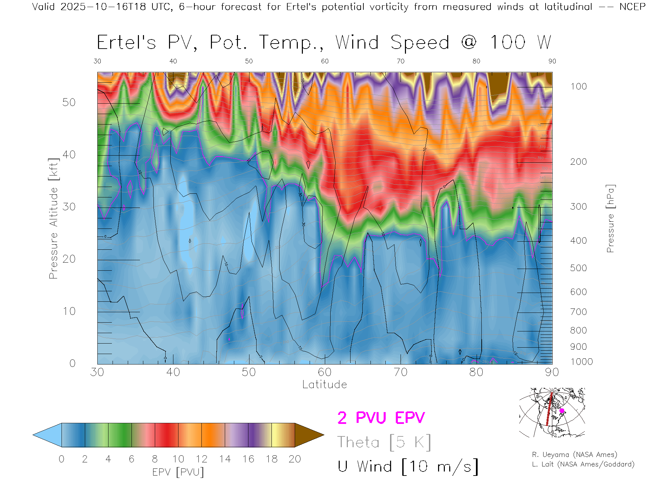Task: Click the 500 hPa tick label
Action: click(578, 268)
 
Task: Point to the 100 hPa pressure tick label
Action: click(578, 87)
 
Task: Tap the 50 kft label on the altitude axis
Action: click(69, 103)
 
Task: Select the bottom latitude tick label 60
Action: click(324, 372)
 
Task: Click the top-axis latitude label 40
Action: click(173, 61)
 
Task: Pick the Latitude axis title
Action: click(324, 385)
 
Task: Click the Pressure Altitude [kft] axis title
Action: click(54, 218)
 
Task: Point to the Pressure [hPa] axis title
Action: click(610, 218)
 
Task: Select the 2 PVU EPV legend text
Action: click(381, 418)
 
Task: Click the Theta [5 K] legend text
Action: click(384, 442)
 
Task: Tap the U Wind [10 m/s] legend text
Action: click(408, 467)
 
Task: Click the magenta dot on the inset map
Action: click(562, 411)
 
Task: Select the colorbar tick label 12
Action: click(201, 459)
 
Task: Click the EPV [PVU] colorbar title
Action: click(178, 472)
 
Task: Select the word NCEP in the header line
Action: click(632, 7)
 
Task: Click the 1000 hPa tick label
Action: click(581, 362)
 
